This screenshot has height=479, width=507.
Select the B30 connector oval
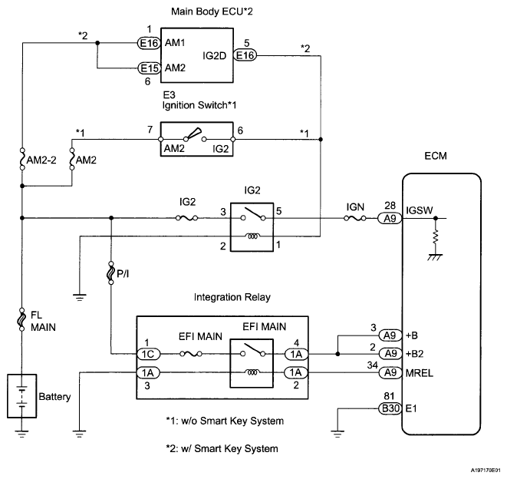390,409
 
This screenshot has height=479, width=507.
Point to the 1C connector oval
147,354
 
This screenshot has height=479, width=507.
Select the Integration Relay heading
220,296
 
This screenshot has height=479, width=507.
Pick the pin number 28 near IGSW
390,206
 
